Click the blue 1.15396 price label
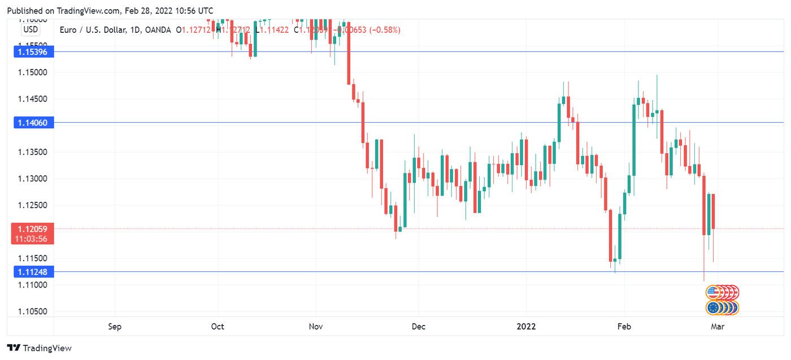click(x=33, y=51)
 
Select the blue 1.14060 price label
click(x=33, y=123)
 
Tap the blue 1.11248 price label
click(x=33, y=272)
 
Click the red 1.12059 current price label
click(x=33, y=229)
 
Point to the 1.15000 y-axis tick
click(x=33, y=72)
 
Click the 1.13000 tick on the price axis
click(x=33, y=179)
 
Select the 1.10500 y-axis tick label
click(x=33, y=312)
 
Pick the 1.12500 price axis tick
click(x=33, y=205)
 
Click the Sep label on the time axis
click(x=115, y=327)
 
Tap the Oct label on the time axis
click(x=217, y=327)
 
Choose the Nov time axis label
click(x=316, y=327)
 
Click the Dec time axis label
click(x=418, y=327)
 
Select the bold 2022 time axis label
click(x=526, y=327)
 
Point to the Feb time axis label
click(x=624, y=327)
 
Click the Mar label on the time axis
click(x=718, y=327)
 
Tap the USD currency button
click(x=31, y=29)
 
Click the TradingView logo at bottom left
click(x=40, y=348)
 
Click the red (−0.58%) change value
click(x=385, y=30)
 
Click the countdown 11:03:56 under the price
click(x=33, y=239)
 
